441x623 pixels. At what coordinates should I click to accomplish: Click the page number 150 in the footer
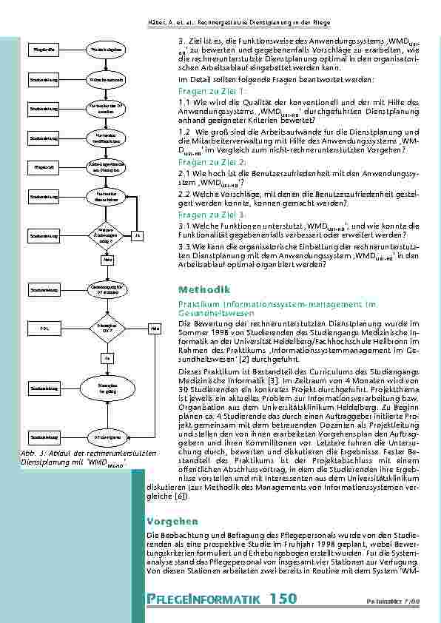pos(283,598)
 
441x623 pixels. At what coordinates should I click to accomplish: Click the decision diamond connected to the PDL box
pos(108,326)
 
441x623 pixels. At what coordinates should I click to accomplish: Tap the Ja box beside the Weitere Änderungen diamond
pos(137,235)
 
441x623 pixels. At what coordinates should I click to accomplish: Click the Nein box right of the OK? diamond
pos(155,326)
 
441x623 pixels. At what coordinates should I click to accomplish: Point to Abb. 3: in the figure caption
pos(32,452)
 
